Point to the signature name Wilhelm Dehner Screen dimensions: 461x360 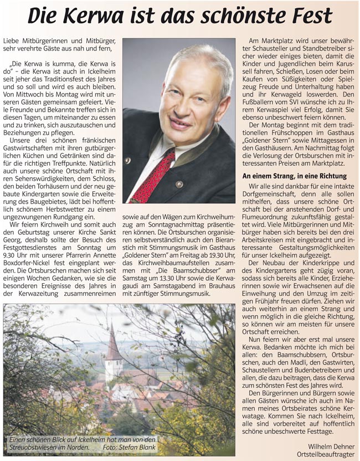pos(331,444)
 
